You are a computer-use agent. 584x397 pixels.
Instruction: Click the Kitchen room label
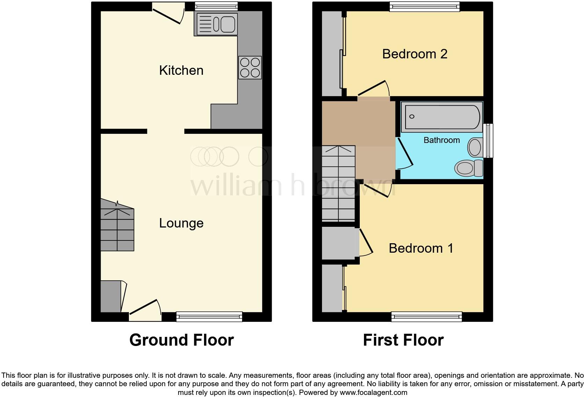[181, 70]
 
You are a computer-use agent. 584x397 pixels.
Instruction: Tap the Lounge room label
[181, 223]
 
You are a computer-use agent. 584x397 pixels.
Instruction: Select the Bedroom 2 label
[415, 54]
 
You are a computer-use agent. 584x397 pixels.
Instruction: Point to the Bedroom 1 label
[421, 248]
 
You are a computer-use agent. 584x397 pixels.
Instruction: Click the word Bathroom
[441, 140]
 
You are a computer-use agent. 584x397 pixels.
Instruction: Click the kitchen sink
[216, 24]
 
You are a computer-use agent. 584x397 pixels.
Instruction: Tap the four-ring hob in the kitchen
[250, 68]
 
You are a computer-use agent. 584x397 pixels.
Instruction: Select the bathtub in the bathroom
[442, 117]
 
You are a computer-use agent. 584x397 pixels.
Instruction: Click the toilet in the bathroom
[468, 168]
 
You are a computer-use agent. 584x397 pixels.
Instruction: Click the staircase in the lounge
[117, 229]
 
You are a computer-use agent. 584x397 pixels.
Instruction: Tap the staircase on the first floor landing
[338, 184]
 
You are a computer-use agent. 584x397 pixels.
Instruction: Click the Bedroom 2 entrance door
[372, 89]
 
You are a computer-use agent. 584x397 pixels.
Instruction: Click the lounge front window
[209, 317]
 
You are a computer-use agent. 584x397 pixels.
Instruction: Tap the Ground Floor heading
[181, 340]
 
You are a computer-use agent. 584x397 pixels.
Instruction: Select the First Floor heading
[403, 340]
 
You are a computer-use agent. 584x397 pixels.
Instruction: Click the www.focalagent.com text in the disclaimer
[373, 392]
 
